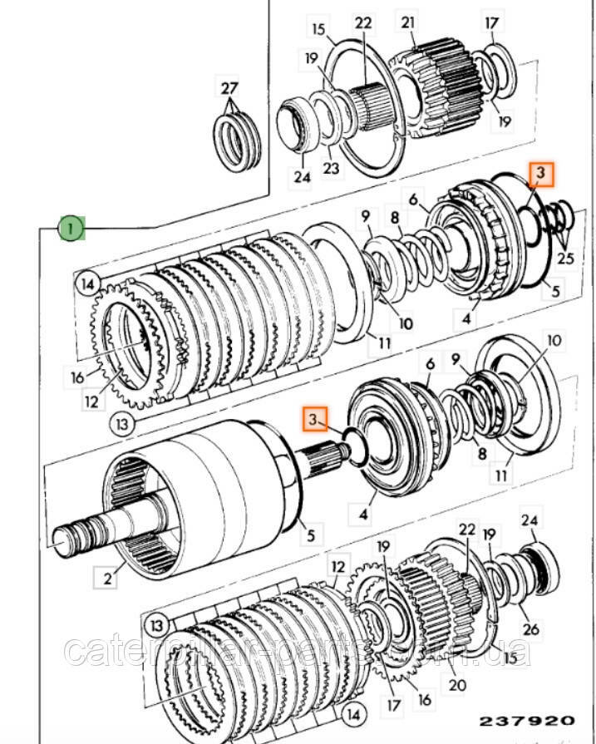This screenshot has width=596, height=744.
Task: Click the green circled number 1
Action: [x=71, y=226]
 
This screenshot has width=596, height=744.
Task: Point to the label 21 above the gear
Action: [x=408, y=23]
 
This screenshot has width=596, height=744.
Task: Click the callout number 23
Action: [x=332, y=168]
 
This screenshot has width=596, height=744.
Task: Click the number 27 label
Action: [x=228, y=88]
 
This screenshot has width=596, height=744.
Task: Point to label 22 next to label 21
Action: [x=363, y=23]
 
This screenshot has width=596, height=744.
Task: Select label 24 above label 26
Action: [x=530, y=521]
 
